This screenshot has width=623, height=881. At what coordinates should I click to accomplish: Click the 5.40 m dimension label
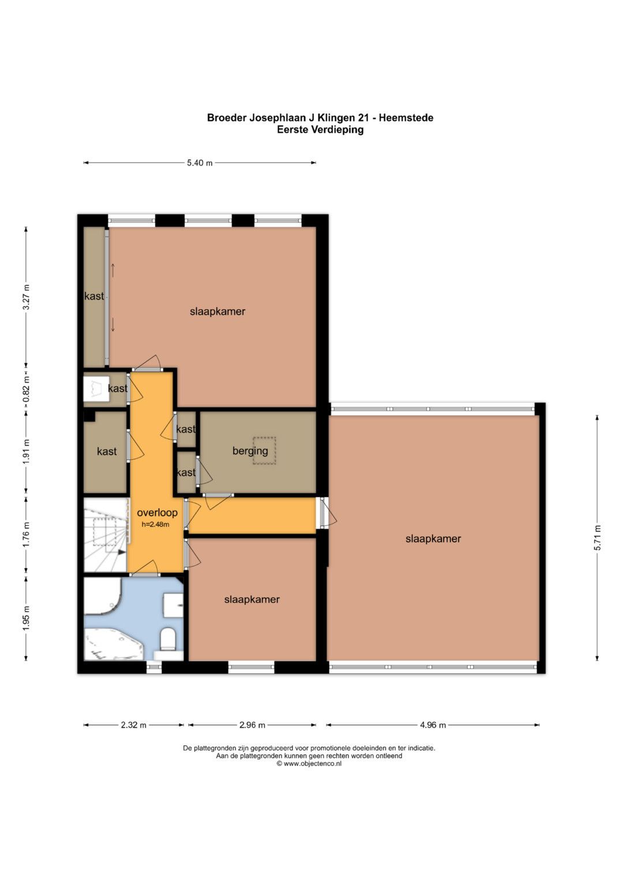200,163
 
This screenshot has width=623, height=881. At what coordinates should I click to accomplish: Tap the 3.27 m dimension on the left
27,297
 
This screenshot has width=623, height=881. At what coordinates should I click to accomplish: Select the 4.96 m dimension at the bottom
433,725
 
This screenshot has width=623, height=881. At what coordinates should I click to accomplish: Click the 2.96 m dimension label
252,725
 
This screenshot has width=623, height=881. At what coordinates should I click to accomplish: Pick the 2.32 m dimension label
134,725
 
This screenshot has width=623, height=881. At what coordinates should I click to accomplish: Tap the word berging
250,451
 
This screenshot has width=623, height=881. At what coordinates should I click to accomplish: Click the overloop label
157,512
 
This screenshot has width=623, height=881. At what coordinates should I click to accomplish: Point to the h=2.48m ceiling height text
155,524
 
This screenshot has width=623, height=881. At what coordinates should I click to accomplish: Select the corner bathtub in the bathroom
112,643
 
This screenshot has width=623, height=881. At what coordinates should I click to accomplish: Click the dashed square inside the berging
264,451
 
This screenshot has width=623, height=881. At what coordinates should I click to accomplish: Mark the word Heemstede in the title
406,118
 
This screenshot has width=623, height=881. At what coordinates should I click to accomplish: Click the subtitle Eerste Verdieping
320,129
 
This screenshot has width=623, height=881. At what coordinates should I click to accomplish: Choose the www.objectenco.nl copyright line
309,763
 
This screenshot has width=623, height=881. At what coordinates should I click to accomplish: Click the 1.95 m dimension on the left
27,619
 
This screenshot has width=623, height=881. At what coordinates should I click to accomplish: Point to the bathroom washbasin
173,605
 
